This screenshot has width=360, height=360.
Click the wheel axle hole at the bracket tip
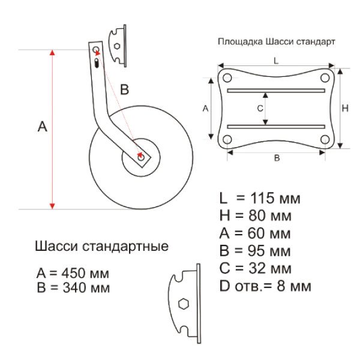pyautogui.click(x=141, y=157)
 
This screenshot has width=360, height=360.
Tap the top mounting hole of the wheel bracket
pyautogui.click(x=96, y=50)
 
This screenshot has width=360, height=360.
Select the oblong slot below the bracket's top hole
pyautogui.click(x=97, y=63)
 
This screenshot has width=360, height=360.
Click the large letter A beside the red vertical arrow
pyautogui.click(x=42, y=127)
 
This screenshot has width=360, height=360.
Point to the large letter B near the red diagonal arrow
pyautogui.click(x=124, y=89)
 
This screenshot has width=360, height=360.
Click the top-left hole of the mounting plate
pyautogui.click(x=227, y=77)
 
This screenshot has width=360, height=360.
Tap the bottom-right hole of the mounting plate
pyautogui.click(x=325, y=139)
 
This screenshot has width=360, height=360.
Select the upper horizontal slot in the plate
pyautogui.click(x=276, y=91)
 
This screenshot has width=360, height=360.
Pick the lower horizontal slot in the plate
pyautogui.click(x=276, y=127)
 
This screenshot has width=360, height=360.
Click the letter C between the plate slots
pyautogui.click(x=260, y=109)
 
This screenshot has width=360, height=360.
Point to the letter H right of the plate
pyautogui.click(x=346, y=109)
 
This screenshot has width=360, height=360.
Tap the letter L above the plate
pyautogui.click(x=276, y=61)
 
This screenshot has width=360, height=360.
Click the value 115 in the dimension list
pyautogui.click(x=262, y=198)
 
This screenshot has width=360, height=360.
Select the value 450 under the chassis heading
pyautogui.click(x=74, y=273)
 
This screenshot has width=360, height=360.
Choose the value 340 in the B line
pyautogui.click(x=74, y=287)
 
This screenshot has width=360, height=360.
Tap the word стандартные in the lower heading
pyautogui.click(x=125, y=247)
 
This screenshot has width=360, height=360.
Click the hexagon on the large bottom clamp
pyautogui.click(x=184, y=304)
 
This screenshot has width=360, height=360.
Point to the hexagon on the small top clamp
pyautogui.click(x=117, y=46)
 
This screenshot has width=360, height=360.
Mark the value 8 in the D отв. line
pyautogui.click(x=281, y=286)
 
